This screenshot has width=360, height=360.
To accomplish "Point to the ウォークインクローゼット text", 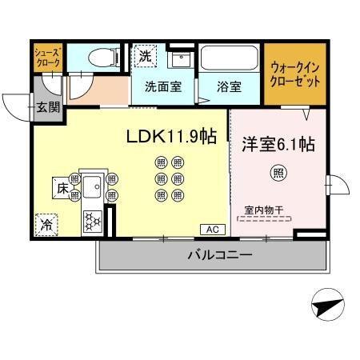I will pyautogui.click(x=295, y=76).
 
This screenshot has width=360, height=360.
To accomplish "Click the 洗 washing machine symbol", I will pyautogui.click(x=145, y=57).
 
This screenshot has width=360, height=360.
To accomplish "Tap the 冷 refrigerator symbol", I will pyautogui.click(x=47, y=226).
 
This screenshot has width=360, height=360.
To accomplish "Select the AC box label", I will pyautogui.click(x=213, y=230).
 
